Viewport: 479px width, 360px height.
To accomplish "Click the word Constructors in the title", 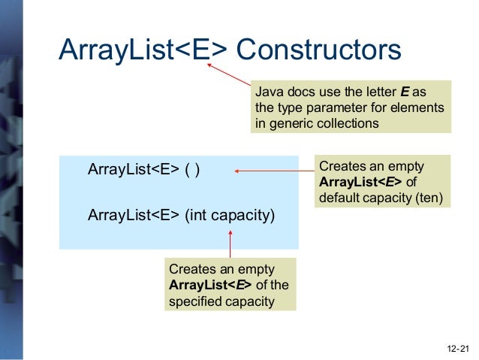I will [318, 50].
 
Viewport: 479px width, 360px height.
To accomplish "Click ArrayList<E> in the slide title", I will [142, 50].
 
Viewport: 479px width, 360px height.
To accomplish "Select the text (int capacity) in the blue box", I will [230, 216].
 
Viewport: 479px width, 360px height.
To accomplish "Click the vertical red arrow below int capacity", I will [230, 244].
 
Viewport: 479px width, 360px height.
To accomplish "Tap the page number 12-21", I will [456, 349].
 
